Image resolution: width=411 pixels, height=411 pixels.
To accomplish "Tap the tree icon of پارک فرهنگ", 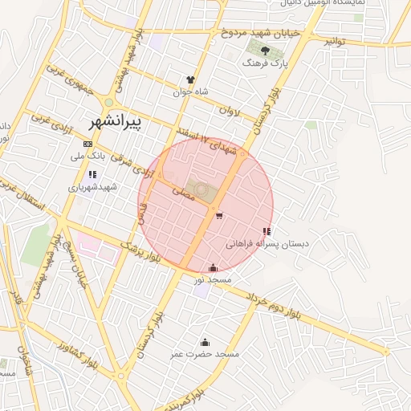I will [x=254, y=51].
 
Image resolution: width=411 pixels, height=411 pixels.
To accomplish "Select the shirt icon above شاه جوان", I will [x=190, y=80].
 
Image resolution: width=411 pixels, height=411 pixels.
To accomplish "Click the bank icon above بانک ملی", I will [x=87, y=144].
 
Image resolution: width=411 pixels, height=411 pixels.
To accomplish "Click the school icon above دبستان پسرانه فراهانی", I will [x=267, y=231].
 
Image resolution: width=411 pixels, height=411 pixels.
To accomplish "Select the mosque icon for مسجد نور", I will [x=212, y=268].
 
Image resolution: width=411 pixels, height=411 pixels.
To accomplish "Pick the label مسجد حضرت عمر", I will [x=205, y=353].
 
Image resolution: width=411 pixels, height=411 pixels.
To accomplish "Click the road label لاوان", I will [x=230, y=114].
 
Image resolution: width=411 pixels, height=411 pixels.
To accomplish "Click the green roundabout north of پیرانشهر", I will [x=108, y=102].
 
